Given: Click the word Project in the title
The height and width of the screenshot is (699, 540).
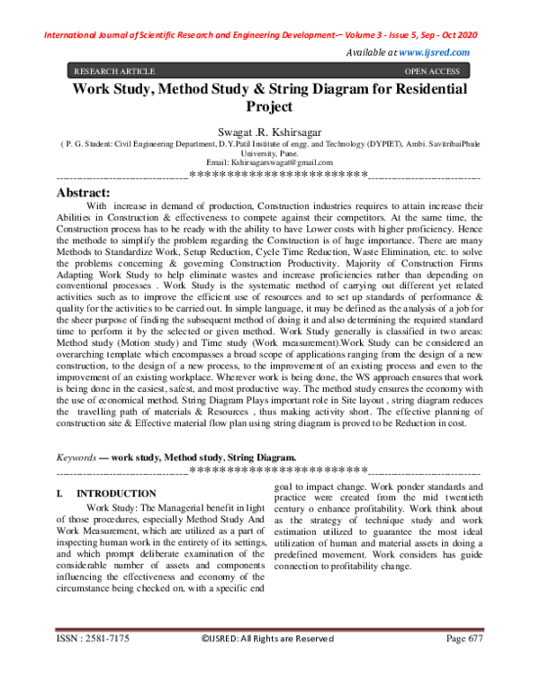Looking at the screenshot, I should point(269,106).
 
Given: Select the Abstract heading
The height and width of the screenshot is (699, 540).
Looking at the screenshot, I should point(83,193).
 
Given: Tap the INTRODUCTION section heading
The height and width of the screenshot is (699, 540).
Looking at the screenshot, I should point(116,494).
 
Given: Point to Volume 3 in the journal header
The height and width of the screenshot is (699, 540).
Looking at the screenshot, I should point(346,35).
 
